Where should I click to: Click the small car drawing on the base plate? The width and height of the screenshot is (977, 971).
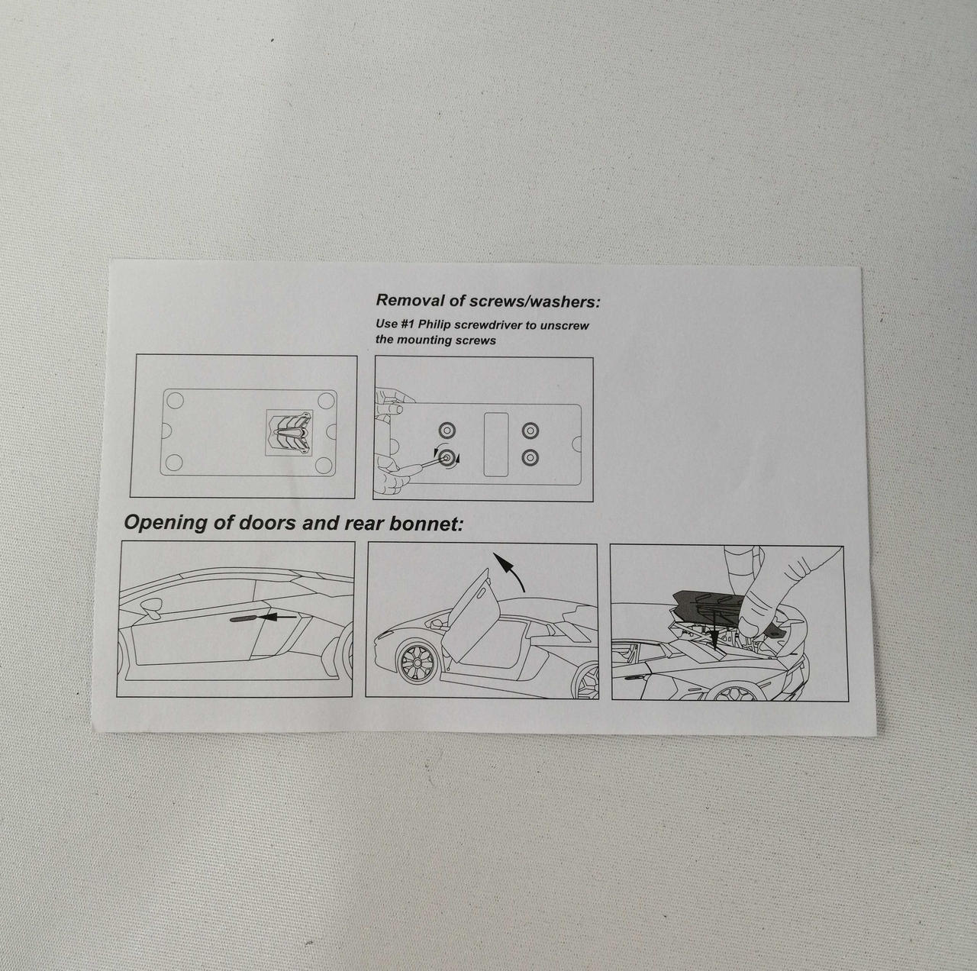pyautogui.click(x=289, y=432)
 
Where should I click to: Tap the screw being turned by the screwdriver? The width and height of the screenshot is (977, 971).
pyautogui.click(x=447, y=457)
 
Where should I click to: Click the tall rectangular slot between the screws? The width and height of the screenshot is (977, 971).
pyautogui.click(x=496, y=444)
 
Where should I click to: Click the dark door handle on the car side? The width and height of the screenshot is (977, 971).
pyautogui.click(x=243, y=618)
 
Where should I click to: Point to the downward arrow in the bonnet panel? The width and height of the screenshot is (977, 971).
pyautogui.click(x=715, y=629)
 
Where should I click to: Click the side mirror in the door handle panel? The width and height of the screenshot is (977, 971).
pyautogui.click(x=152, y=608)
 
